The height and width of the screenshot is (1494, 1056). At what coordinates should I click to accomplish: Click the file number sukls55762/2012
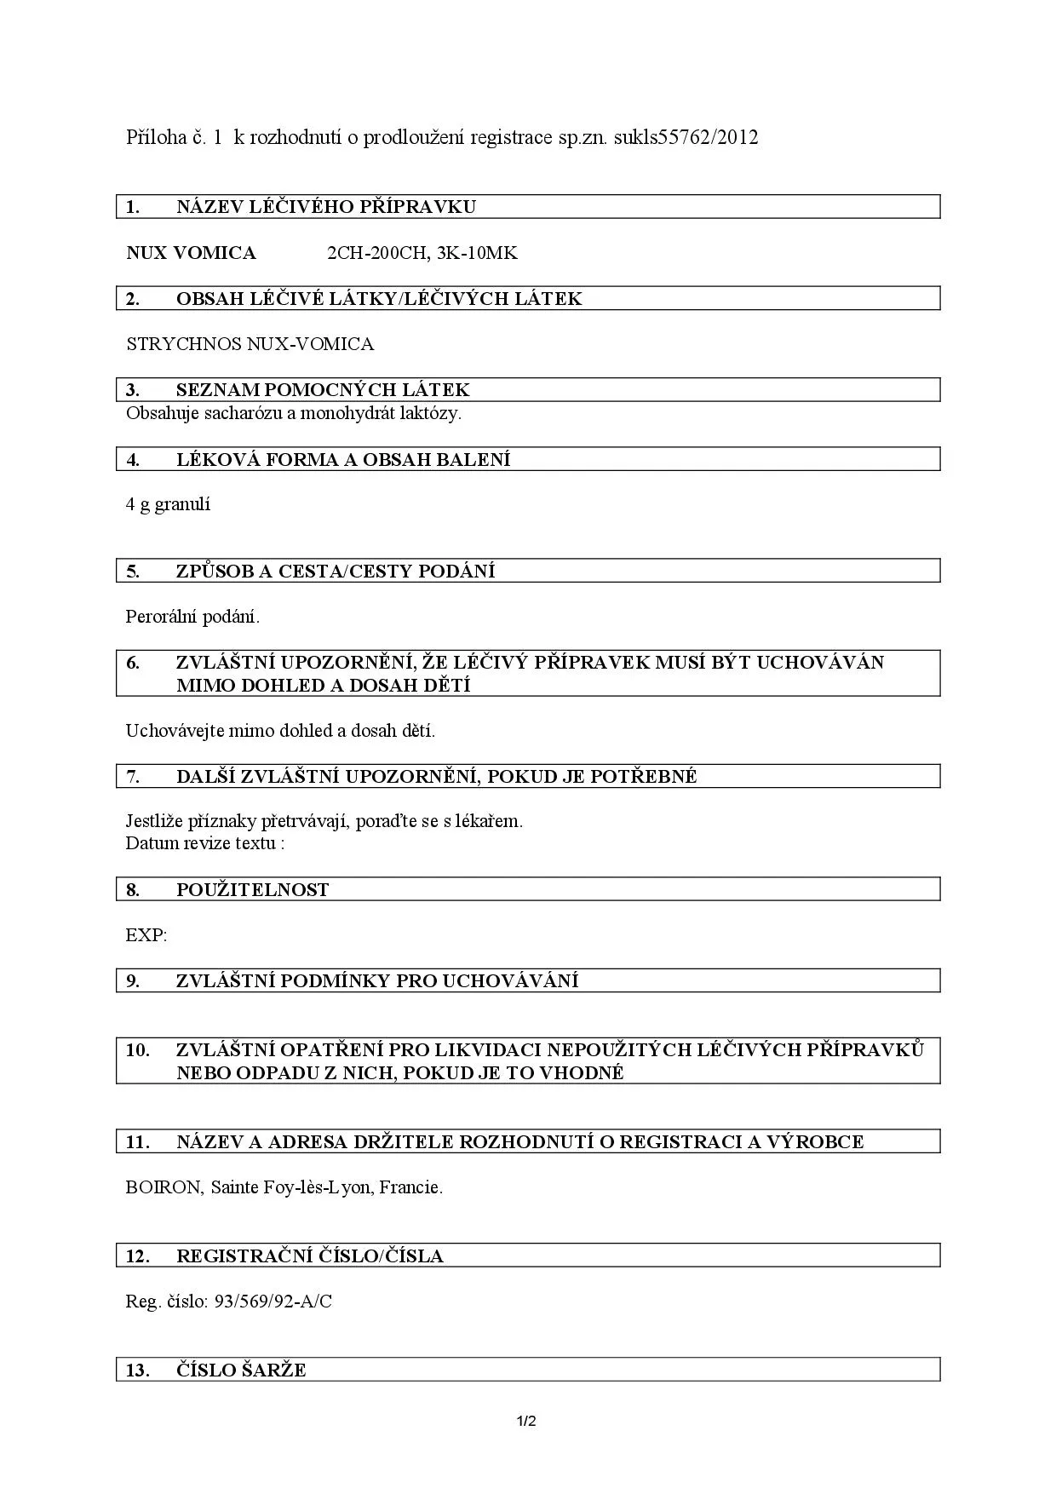point(686,137)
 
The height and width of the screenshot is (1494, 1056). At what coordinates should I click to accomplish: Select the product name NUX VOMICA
point(191,253)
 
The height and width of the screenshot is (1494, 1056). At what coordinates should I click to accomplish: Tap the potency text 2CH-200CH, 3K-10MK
point(422,253)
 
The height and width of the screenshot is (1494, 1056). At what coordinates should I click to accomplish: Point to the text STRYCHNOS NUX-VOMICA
point(250,344)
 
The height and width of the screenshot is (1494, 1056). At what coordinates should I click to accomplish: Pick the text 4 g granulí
point(168,504)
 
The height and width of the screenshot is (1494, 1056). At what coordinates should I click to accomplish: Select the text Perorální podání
point(192,617)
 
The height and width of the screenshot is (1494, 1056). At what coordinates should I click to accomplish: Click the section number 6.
point(133,663)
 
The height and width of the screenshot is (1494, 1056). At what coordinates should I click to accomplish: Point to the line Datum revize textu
point(204,843)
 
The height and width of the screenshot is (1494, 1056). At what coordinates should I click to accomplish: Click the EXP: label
point(146,935)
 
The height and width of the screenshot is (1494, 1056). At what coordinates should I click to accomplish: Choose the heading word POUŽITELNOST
point(252,890)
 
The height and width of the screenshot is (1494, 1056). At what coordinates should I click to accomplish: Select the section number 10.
point(137,1050)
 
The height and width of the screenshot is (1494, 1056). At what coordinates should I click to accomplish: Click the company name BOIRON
point(163,1187)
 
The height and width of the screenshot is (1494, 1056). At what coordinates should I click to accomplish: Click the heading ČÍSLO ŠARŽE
point(241,1370)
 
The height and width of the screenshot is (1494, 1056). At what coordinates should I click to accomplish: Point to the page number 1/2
point(526,1421)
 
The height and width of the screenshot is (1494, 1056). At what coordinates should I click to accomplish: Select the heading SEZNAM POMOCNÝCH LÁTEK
point(323,390)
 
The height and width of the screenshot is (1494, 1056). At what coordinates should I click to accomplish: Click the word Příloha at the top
point(157,137)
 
